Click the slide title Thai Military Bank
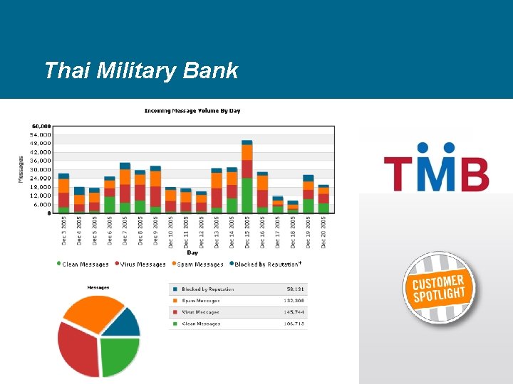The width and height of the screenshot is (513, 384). click(x=140, y=71)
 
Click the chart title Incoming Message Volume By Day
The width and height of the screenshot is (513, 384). click(x=192, y=111)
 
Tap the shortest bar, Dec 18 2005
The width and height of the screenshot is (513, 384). click(x=293, y=207)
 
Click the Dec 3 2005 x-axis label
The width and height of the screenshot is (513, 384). click(x=64, y=232)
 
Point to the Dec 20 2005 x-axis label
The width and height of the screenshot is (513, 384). click(x=324, y=232)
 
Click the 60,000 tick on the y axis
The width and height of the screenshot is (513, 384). click(x=41, y=126)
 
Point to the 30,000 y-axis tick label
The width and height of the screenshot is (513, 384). click(x=41, y=169)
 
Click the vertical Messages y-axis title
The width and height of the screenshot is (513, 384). click(x=21, y=169)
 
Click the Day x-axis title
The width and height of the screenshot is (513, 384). click(x=192, y=252)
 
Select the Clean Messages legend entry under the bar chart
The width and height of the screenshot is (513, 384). click(x=83, y=264)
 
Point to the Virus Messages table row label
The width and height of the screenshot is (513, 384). click(x=200, y=312)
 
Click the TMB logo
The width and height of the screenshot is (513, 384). click(x=436, y=168)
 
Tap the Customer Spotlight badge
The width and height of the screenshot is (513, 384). click(x=439, y=289)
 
